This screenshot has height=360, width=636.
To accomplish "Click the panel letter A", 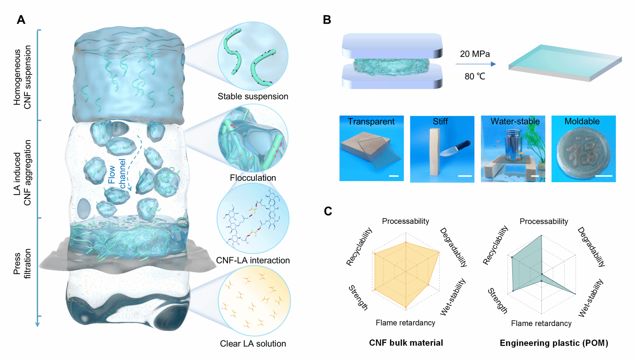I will tap(21, 20).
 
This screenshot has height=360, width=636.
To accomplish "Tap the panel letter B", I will tap(327, 20).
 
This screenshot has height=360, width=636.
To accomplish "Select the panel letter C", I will tap(328, 211).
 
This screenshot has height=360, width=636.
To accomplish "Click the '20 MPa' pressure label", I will tap(475, 54).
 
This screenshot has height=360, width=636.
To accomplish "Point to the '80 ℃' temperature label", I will tap(475, 76).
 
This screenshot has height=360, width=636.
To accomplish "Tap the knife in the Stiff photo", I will tap(455, 148).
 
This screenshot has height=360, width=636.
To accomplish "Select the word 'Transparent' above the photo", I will tap(371, 122).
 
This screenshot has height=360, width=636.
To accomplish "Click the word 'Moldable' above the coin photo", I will tap(582, 121).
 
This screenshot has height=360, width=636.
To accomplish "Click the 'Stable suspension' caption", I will tap(253, 96).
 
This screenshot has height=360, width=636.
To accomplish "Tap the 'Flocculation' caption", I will tap(253, 178).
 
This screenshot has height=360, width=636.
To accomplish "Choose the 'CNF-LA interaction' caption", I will tap(253, 260).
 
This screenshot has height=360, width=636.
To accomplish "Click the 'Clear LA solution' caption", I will tap(253, 344).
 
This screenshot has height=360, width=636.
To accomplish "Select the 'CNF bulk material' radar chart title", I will tap(406, 343).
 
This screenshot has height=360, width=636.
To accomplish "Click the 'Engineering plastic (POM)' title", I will tap(554, 343).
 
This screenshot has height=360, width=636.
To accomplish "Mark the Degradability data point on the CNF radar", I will tap(439, 253).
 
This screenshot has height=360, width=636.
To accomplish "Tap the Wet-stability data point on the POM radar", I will tap(575, 294).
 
